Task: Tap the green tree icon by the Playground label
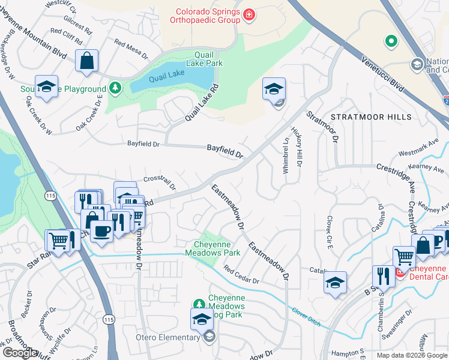click(x=115, y=89)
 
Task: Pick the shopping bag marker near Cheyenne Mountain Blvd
click(x=87, y=61)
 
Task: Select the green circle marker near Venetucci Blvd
click(x=391, y=41)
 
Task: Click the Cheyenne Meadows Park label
click(x=217, y=249)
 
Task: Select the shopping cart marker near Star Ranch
click(x=58, y=241)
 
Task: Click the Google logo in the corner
click(x=20, y=353)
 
